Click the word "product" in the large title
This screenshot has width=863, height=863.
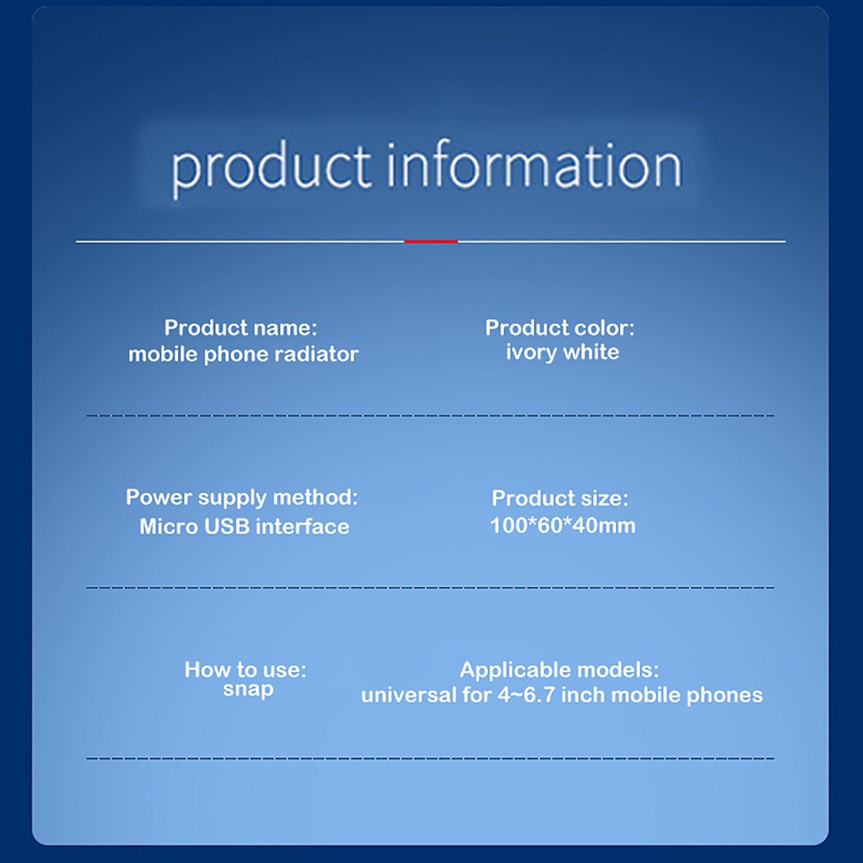point(271,169)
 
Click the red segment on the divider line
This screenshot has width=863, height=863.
point(430,241)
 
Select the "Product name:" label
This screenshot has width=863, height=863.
point(241,328)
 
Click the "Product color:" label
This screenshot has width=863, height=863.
point(560,328)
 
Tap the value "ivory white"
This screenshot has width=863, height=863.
point(563,353)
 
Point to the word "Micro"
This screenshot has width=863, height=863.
point(169,526)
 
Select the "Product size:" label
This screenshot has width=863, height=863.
point(560,498)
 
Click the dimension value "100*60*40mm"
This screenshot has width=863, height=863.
point(563,525)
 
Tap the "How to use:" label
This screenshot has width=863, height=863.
point(245,670)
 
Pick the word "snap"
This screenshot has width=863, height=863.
point(248,690)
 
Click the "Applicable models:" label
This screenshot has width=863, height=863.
point(559,670)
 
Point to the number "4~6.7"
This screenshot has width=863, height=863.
point(526,695)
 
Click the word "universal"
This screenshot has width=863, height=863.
point(409,695)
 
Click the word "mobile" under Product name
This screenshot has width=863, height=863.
point(163,354)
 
